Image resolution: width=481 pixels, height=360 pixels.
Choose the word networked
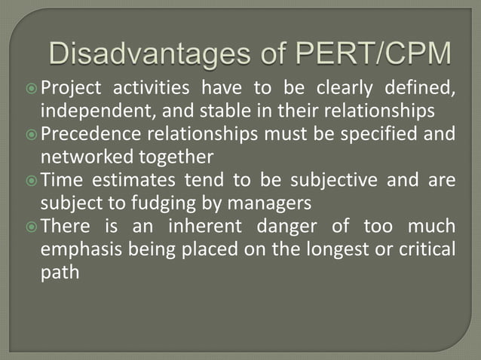click(75, 157)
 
